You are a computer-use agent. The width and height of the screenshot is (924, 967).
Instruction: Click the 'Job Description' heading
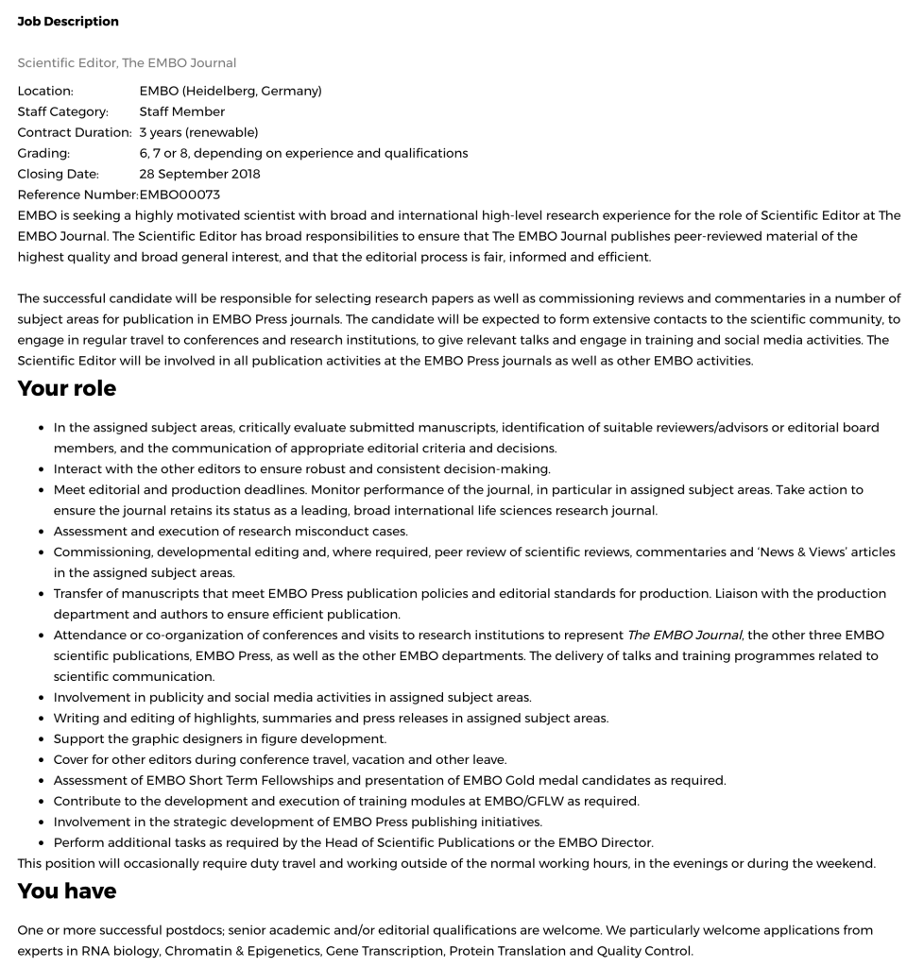(68, 21)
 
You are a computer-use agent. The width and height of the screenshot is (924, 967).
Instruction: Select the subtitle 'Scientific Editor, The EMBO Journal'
(127, 63)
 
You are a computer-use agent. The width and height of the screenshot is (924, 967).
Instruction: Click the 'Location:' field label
(45, 92)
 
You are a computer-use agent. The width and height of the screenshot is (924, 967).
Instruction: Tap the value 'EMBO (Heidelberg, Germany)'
(231, 92)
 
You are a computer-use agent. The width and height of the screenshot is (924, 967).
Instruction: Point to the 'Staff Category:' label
(63, 112)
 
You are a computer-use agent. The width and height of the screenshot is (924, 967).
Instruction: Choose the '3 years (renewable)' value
(198, 133)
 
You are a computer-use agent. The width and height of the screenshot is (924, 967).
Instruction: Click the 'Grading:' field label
(43, 153)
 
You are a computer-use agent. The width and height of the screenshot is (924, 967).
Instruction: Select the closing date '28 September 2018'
(199, 174)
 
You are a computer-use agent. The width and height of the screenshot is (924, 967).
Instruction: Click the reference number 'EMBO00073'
(180, 195)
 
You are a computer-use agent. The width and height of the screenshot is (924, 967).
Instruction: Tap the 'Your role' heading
(67, 388)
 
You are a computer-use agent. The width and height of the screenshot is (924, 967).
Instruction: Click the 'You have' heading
(67, 891)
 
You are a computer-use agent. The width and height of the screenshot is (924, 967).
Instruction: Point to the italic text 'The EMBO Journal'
(684, 636)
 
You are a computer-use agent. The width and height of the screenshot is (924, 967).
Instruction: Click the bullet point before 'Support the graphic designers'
(43, 739)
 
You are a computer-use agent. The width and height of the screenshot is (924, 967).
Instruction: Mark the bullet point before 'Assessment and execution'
(43, 532)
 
